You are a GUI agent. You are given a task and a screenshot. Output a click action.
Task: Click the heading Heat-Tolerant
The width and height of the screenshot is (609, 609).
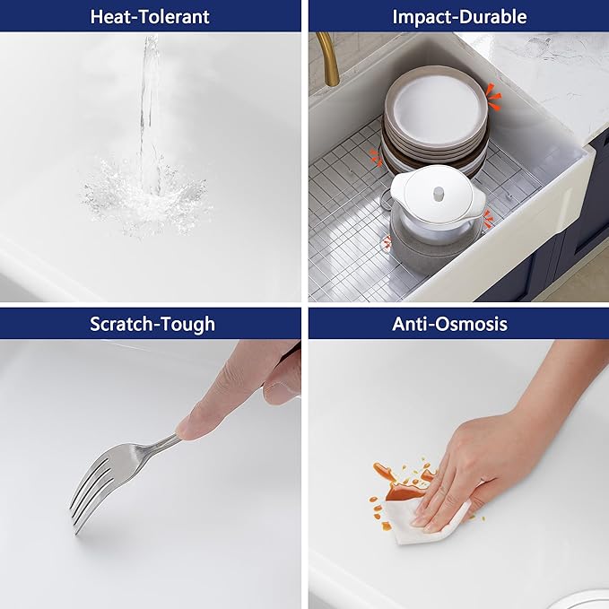point(150,17)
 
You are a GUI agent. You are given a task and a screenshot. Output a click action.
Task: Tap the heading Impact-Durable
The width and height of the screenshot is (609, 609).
point(459,17)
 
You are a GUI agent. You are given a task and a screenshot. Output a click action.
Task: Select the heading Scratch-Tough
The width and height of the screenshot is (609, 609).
point(152,324)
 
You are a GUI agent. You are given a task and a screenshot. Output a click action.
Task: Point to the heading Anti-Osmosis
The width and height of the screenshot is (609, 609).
point(449,324)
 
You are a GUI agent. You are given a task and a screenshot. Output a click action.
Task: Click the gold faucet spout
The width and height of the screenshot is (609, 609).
point(329,58)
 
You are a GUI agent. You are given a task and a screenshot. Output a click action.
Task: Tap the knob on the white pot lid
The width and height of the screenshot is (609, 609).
point(439,194)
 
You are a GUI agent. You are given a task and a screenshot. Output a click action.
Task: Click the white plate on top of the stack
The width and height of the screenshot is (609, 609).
point(438,110)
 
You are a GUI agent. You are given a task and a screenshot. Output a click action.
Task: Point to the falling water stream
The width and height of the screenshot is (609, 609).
point(151,113)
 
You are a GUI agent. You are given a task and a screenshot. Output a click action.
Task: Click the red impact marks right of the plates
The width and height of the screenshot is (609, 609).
point(493,96)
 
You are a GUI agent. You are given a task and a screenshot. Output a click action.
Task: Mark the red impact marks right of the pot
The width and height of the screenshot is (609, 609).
point(487,218)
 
